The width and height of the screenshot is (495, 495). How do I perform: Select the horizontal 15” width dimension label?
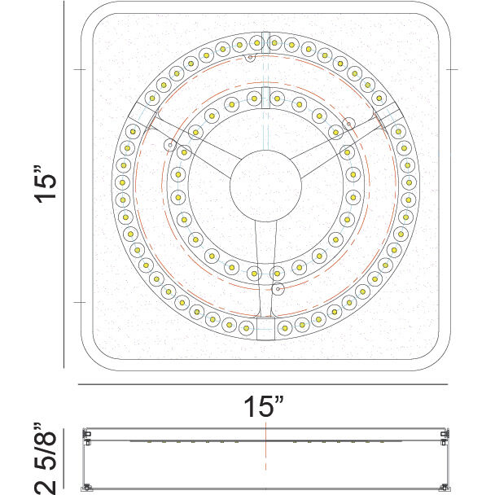click(x=264, y=404)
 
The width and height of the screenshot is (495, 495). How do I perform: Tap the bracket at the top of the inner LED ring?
click(x=265, y=97)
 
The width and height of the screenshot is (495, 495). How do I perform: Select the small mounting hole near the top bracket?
click(x=251, y=58)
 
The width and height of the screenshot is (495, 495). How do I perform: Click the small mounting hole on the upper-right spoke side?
click(x=349, y=125)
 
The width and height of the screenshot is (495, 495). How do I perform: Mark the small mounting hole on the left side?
click(x=169, y=145)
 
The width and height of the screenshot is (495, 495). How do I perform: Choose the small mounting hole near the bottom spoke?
click(x=278, y=289)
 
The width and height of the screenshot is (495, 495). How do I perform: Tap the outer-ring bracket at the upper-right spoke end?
click(x=388, y=115)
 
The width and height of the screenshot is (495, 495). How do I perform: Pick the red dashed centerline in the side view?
click(x=264, y=456)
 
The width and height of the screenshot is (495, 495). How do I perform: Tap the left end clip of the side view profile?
click(x=86, y=440)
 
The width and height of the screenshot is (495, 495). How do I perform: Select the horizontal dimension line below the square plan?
click(x=264, y=383)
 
